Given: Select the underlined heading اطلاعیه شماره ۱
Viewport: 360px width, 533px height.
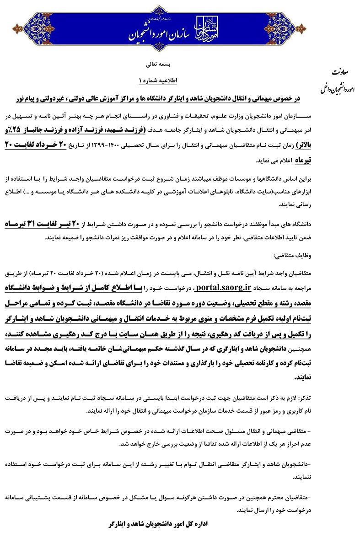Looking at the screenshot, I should (156, 80).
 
